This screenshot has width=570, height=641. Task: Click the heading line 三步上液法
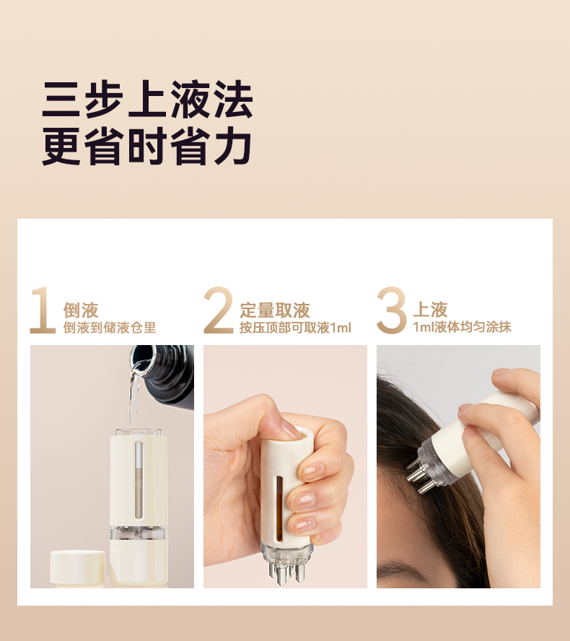point(147,100)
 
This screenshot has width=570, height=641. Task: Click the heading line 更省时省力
point(147,146)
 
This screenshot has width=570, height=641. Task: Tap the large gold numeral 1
point(43,310)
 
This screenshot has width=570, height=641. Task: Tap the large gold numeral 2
point(219,310)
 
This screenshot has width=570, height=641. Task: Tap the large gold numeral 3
point(392,310)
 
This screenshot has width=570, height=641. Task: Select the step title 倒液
point(81,310)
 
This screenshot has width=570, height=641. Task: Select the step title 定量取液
point(275,310)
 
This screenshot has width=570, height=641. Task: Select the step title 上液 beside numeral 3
point(430,310)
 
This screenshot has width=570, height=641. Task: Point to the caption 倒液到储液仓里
point(110,328)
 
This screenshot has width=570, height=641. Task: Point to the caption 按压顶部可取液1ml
point(295,328)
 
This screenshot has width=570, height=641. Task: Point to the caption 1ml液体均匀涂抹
point(462,327)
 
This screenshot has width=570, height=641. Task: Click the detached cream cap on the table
point(78,568)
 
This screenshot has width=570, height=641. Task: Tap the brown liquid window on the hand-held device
point(280,508)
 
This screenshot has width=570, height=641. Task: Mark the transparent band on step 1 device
point(139,533)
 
